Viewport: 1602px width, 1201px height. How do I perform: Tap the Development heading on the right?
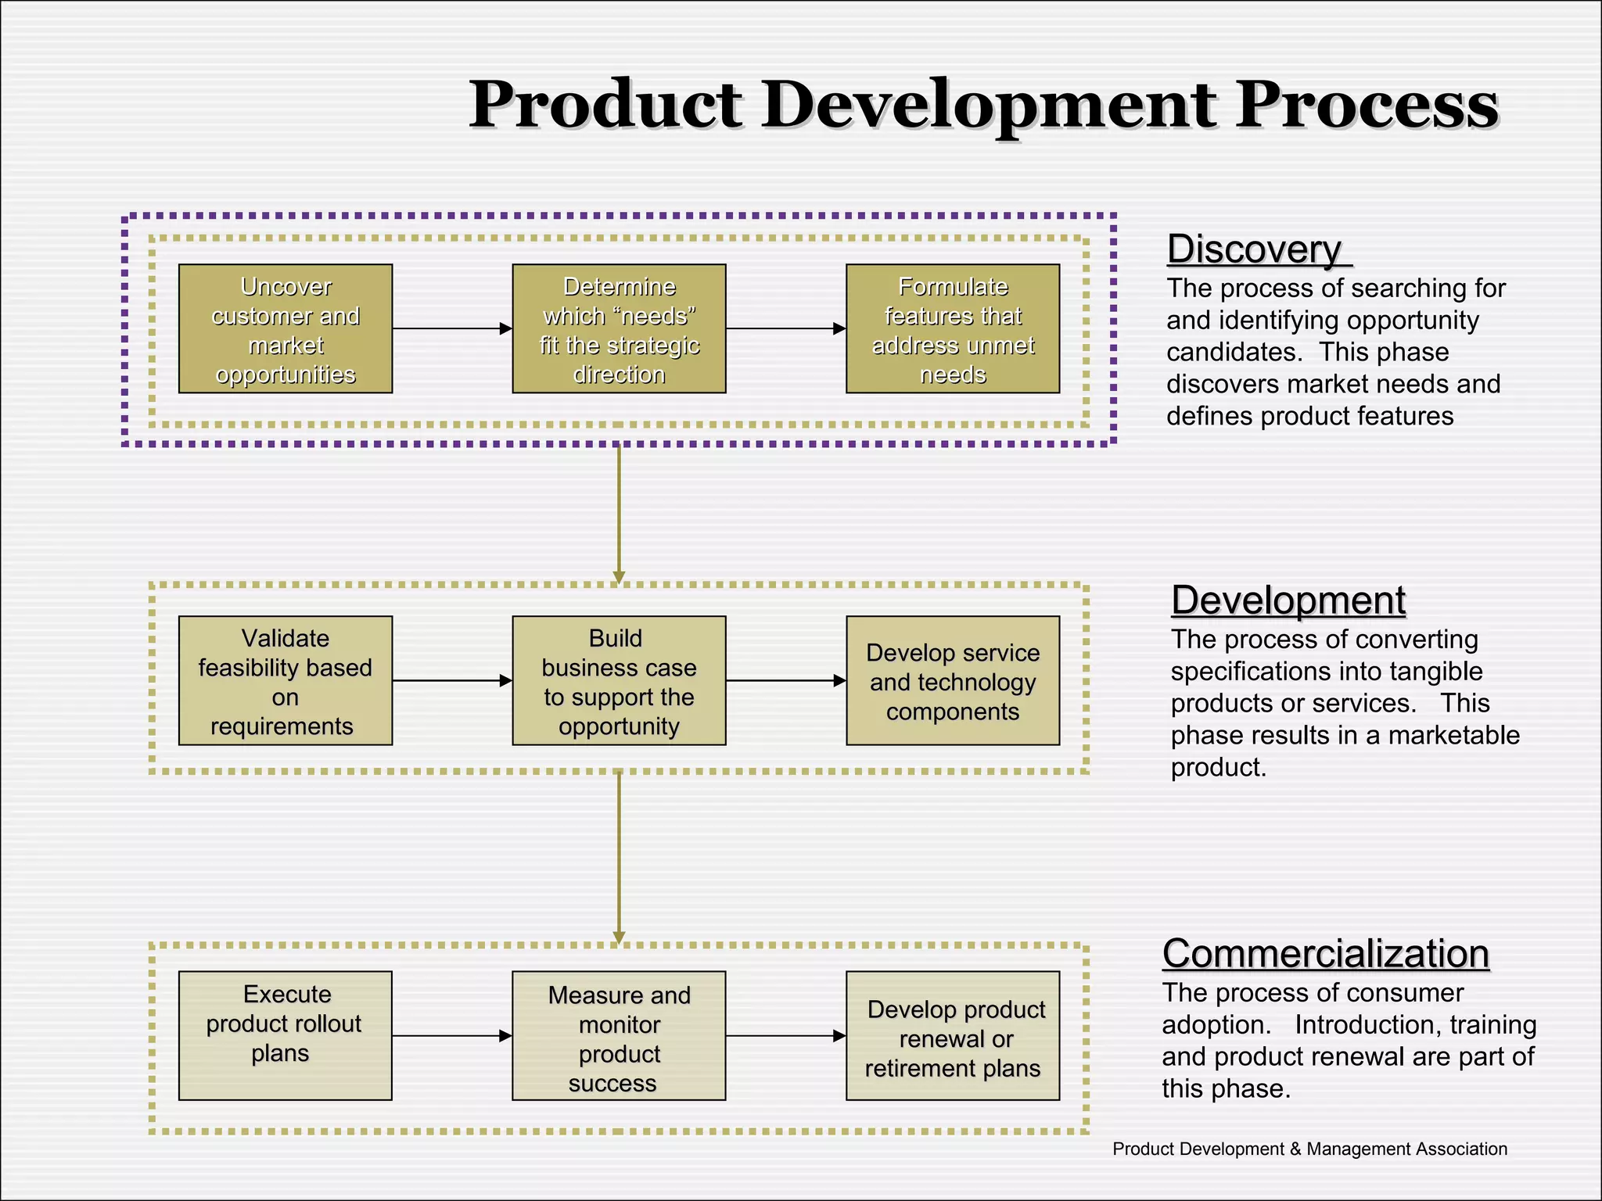[1288, 600]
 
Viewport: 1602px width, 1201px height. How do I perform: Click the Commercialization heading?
[1325, 953]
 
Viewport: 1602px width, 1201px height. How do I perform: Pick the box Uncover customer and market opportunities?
[286, 329]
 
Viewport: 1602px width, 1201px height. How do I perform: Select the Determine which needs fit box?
[619, 329]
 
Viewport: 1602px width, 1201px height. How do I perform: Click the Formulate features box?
[952, 329]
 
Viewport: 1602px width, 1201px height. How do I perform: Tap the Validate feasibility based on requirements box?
[286, 681]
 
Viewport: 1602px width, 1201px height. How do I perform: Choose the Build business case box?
[619, 681]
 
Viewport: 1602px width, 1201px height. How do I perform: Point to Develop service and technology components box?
[952, 681]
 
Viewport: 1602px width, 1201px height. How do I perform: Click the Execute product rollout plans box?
[286, 1035]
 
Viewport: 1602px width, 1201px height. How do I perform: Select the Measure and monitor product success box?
[619, 1035]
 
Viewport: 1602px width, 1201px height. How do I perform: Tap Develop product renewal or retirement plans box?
[952, 1035]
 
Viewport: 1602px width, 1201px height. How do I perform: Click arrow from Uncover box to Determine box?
[452, 328]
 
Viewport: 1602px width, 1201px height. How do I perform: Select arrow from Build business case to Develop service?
[785, 680]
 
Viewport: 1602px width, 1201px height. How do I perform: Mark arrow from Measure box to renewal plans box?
[785, 1035]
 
